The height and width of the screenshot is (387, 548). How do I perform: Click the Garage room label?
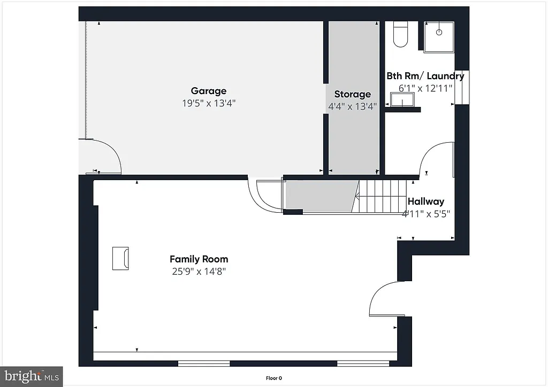pyautogui.click(x=209, y=91)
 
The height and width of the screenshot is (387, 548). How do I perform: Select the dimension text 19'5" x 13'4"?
pyautogui.click(x=209, y=103)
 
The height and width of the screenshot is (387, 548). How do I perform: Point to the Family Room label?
pyautogui.click(x=199, y=259)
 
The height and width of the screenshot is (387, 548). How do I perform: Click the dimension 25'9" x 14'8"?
pyautogui.click(x=199, y=272)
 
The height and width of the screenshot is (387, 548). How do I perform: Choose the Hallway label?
pyautogui.click(x=426, y=202)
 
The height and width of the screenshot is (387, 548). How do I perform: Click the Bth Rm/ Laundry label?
pyautogui.click(x=425, y=76)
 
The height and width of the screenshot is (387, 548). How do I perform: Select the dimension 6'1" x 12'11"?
pyautogui.click(x=425, y=88)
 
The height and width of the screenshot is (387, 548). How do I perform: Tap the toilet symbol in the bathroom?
pyautogui.click(x=400, y=34)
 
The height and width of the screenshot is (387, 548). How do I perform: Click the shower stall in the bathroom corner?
pyautogui.click(x=439, y=36)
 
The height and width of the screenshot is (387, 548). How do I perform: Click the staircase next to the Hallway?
pyautogui.click(x=382, y=196)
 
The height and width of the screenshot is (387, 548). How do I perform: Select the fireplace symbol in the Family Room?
pyautogui.click(x=120, y=258)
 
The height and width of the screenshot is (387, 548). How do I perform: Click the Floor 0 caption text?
pyautogui.click(x=273, y=378)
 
